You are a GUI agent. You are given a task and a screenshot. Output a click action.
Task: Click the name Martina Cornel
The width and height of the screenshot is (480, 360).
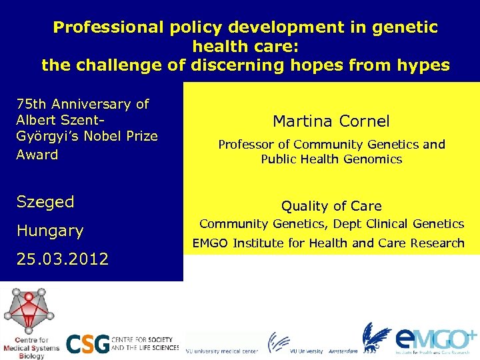(331, 121)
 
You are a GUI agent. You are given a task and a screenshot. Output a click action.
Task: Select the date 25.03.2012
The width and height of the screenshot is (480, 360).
(62, 259)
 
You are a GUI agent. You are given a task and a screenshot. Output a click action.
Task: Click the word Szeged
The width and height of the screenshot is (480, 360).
(45, 201)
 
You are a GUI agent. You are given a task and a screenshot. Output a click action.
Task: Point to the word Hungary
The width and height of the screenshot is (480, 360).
(50, 231)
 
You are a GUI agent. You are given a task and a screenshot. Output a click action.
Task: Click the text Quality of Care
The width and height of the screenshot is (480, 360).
(331, 206)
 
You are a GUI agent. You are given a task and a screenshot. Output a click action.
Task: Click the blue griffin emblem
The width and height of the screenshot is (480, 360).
(376, 337)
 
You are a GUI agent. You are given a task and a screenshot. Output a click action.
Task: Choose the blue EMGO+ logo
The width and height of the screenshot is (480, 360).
(433, 338)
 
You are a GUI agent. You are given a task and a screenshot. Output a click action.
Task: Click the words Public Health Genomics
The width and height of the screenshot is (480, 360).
(331, 159)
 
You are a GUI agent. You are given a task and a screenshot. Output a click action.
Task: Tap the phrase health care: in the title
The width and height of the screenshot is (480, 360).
(245, 47)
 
